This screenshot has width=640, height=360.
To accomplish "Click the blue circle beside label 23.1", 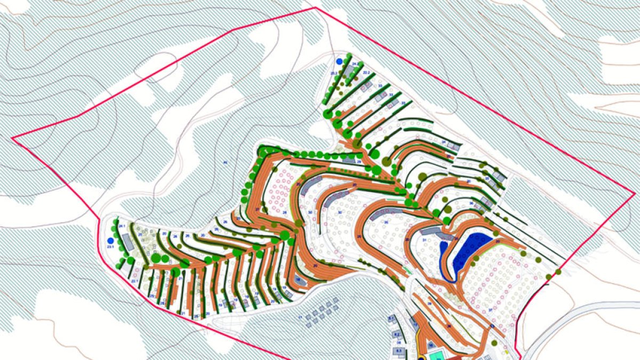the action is click(x=110, y=241).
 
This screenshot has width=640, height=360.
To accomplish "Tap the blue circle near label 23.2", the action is click(x=339, y=62).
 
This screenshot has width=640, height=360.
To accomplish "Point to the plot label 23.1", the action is click(x=110, y=247).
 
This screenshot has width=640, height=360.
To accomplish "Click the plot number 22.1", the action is click(x=134, y=281).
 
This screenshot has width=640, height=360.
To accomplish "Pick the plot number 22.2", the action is click(x=366, y=71).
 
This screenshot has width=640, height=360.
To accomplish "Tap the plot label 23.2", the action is click(x=334, y=72).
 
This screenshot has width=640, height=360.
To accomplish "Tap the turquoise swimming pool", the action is click(x=436, y=354).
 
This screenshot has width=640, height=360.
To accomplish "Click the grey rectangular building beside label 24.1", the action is click(x=129, y=242).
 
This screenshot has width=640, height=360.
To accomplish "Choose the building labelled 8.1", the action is click(x=391, y=319).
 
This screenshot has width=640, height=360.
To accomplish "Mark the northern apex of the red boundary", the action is click(x=316, y=8).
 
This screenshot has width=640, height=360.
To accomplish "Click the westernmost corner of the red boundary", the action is click(x=12, y=138).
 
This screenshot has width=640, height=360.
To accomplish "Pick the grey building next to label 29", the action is click(x=349, y=159).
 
